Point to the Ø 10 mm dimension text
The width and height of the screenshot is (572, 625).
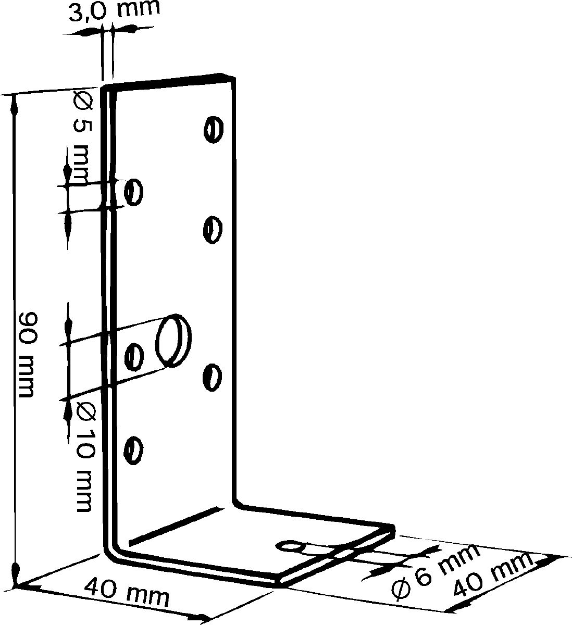click(x=85, y=461)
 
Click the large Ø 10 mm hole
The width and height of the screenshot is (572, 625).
click(x=173, y=340)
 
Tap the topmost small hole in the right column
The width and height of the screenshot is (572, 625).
click(x=214, y=129)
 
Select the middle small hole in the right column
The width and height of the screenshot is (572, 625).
click(x=213, y=230)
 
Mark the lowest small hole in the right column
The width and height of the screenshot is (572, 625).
click(x=212, y=377)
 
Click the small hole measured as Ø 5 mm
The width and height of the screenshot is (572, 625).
click(x=133, y=192)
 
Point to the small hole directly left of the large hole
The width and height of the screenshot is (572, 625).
click(x=134, y=357)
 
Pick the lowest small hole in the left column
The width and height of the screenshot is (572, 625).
click(x=133, y=451)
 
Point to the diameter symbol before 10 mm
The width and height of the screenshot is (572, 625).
click(x=85, y=411)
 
